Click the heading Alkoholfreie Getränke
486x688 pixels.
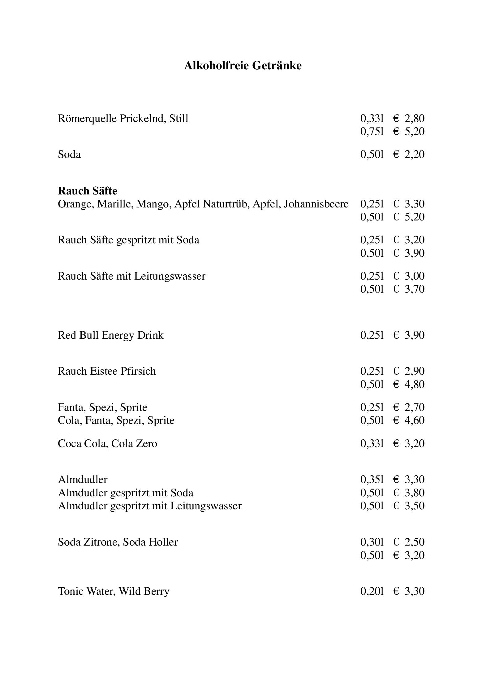pos(243,66)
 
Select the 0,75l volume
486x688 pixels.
pos(372,132)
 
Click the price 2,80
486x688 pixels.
pos(414,119)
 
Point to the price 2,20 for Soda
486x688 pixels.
pos(414,155)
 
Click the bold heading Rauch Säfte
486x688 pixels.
pos(88,191)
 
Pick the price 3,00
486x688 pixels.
pos(414,276)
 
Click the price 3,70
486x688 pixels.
pos(414,289)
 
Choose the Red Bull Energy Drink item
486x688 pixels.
pos(110,335)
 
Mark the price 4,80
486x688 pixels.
pos(414,385)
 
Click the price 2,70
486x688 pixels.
pos(414,407)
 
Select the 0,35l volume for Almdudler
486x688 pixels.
pos(372,480)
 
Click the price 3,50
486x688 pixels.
pos(414,506)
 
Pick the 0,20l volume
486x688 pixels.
pos(372,591)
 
